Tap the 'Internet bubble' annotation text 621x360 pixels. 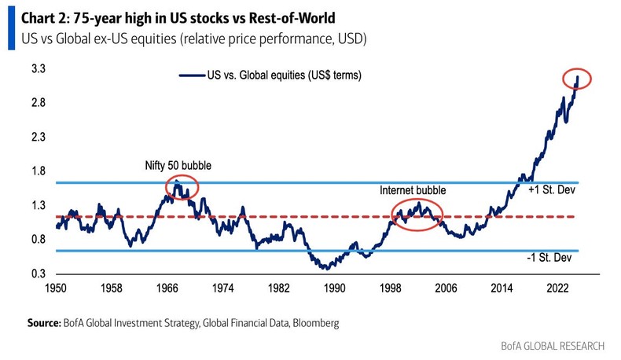413,190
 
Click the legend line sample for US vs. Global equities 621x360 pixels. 191,75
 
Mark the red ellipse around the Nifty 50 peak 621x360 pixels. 181,186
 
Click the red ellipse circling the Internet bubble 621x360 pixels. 416,213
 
